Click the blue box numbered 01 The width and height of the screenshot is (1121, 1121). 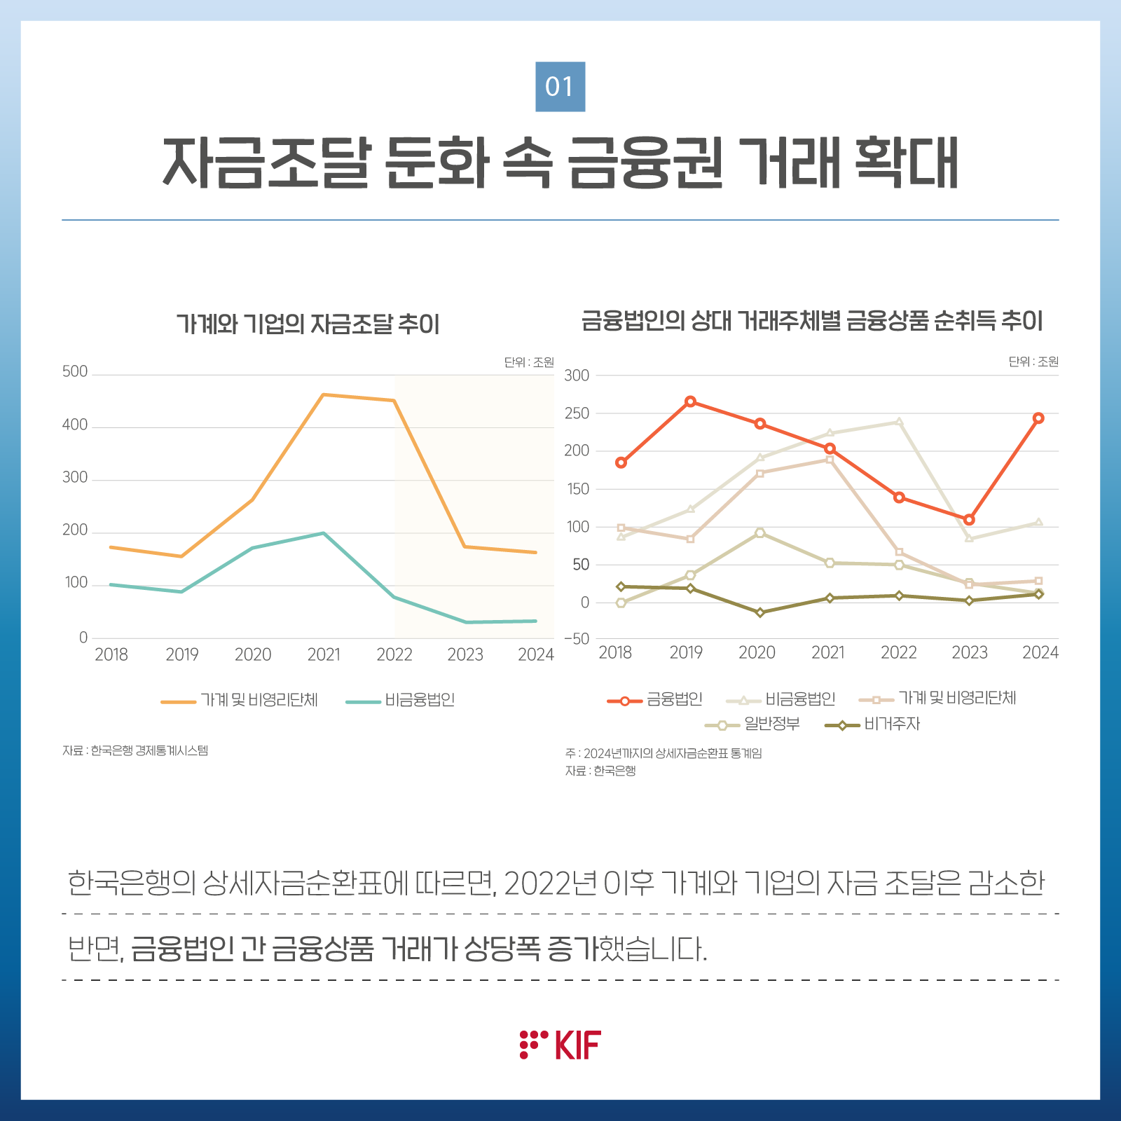[560, 87]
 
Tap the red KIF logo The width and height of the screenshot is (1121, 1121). [560, 1045]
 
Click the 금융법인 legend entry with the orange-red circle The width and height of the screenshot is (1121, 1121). [655, 699]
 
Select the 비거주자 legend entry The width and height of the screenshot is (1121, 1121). [873, 724]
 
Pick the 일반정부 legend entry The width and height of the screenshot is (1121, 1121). [752, 724]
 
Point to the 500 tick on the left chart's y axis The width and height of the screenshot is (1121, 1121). [75, 371]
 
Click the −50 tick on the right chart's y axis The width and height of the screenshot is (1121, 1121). [577, 638]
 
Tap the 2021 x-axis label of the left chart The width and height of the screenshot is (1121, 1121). [324, 654]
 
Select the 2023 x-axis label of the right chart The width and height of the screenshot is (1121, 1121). [969, 653]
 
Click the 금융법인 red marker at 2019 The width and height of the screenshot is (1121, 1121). [690, 401]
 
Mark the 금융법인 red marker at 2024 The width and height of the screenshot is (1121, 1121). [1038, 418]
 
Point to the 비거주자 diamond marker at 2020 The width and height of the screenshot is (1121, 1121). [759, 612]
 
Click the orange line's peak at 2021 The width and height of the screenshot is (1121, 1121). [324, 394]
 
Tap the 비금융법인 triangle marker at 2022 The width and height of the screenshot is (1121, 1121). [899, 422]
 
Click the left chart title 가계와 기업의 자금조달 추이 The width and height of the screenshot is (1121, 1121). [308, 324]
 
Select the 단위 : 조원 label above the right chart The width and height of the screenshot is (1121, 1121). [1033, 362]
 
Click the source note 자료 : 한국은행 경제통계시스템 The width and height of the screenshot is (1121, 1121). [135, 750]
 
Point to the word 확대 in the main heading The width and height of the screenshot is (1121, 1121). [907, 163]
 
